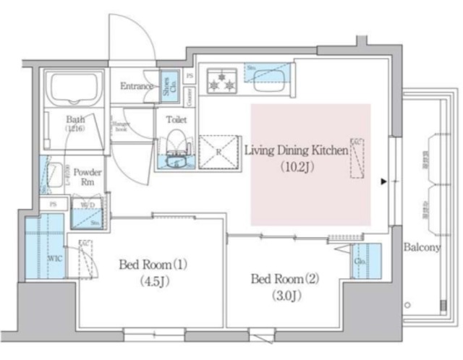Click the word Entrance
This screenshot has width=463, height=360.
[137, 87]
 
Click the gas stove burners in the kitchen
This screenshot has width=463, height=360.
[222, 80]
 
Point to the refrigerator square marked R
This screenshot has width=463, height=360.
[219, 151]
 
